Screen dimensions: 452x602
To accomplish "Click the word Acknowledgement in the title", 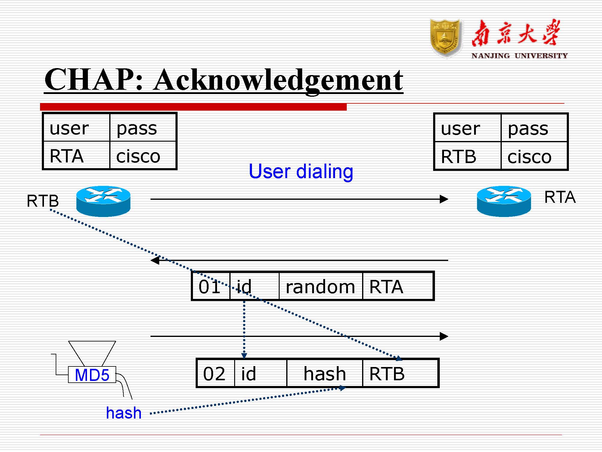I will point(278,80).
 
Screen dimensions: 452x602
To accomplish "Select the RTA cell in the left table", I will point(67,156).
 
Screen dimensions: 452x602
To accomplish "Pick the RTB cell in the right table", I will point(458,157).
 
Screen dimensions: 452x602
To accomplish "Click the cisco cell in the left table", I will point(138,156).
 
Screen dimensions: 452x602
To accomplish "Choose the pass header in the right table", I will point(528,129).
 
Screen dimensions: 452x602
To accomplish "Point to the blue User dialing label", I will point(301,171).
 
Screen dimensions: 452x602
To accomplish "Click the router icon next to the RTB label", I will point(103,201).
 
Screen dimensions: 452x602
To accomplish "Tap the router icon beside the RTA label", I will point(504,201).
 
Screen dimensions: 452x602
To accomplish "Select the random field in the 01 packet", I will point(320,287).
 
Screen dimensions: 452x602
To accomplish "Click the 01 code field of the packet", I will point(210,287).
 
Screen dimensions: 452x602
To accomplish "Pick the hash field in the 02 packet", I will point(324,374).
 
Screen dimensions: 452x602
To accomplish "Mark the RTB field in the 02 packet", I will point(387,374).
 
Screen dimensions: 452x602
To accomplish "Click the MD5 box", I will point(92,375).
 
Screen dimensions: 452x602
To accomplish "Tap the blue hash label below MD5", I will point(124,413).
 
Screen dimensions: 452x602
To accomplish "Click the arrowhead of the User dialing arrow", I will point(444,199).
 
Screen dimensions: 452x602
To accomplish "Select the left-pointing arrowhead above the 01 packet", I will point(155,260).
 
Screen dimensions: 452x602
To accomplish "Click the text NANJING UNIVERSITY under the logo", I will point(519,56).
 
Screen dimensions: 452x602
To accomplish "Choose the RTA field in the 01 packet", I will point(386,287).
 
